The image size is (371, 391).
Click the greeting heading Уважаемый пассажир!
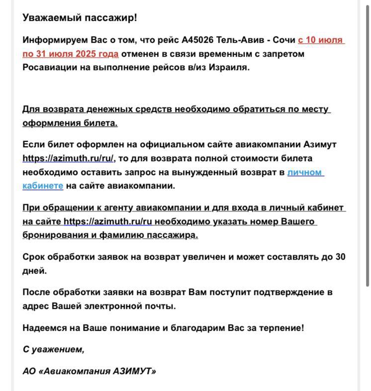80,18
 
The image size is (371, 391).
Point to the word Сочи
284,40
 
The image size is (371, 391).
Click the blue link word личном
305,172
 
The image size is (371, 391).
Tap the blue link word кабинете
43,186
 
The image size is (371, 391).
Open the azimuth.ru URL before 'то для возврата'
68,159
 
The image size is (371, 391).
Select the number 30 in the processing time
340,257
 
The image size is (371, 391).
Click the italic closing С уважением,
53,349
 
